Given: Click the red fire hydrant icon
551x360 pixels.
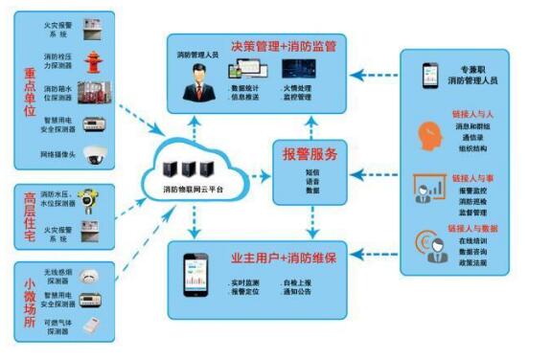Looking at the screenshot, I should point(92,62).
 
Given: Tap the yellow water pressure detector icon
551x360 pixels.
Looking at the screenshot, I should point(89,201).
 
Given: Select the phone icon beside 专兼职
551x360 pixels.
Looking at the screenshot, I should point(430,74).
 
